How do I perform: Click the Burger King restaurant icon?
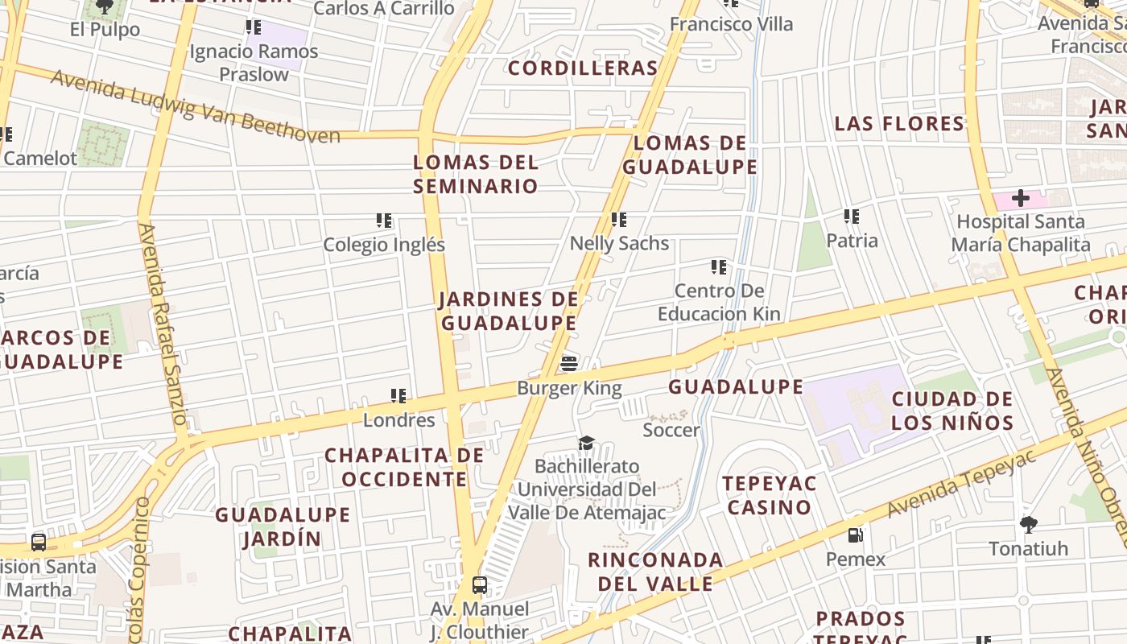tap(569, 364)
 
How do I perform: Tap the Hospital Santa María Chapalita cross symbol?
tap(1021, 197)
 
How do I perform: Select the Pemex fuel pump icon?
tap(855, 535)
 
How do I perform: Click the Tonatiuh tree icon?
tap(1028, 525)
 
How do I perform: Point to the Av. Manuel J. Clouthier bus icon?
tap(480, 585)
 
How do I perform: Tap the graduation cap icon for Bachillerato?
tap(586, 444)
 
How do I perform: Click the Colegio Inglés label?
tap(384, 245)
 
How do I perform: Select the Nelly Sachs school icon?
tap(618, 219)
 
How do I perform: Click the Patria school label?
tap(852, 240)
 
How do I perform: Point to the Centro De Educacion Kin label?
tap(719, 302)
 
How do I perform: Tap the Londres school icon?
tap(398, 396)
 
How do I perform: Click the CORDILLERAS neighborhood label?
tap(583, 68)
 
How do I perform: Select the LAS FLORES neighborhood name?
tap(899, 124)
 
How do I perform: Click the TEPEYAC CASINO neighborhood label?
tap(769, 495)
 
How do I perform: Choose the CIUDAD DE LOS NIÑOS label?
tap(952, 411)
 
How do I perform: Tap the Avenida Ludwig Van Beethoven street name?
tap(196, 107)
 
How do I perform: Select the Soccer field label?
tap(671, 430)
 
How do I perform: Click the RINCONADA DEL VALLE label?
tap(655, 572)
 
